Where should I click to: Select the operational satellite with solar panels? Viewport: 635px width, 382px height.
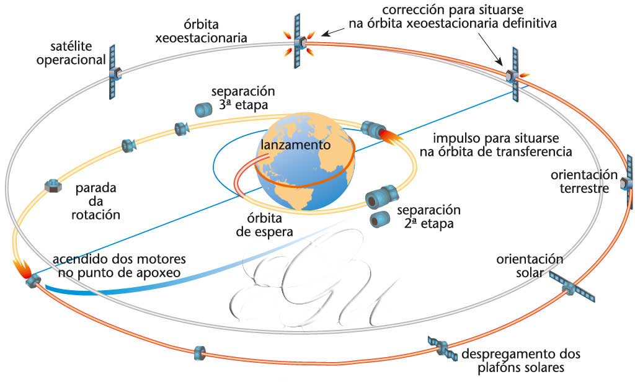pos(113,73)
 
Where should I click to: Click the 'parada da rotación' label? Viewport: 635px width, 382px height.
pos(98,201)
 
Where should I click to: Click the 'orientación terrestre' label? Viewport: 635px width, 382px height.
pos(584,180)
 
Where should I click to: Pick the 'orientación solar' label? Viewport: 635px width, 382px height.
pos(529,265)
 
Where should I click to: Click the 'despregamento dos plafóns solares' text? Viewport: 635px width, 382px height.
pos(521,361)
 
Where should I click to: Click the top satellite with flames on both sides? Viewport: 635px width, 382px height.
pos(301,42)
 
